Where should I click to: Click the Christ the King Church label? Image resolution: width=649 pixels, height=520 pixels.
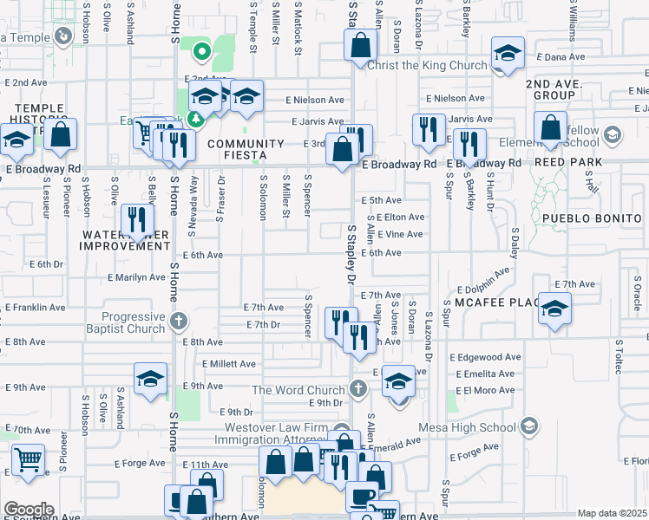[427, 66]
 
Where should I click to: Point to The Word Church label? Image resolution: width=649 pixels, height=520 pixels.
[298, 390]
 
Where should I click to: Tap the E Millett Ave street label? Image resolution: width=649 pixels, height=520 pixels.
[229, 365]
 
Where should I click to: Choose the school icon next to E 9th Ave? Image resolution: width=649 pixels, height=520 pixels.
[150, 379]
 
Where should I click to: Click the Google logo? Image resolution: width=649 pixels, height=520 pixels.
[29, 510]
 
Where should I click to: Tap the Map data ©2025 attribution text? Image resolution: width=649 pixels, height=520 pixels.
[612, 513]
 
